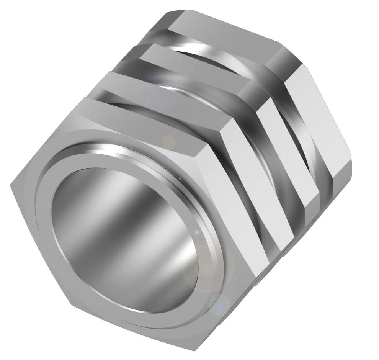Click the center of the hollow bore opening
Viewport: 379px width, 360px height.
click(126, 237)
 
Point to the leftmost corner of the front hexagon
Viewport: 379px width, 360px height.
click(10, 185)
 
